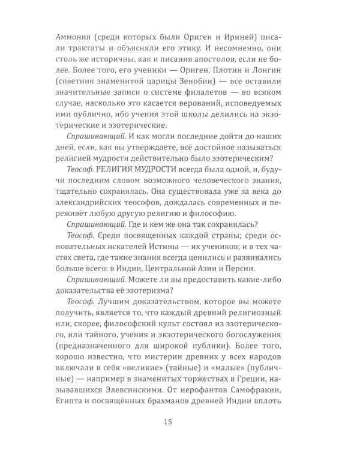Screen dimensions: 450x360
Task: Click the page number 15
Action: (x=180, y=421)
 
